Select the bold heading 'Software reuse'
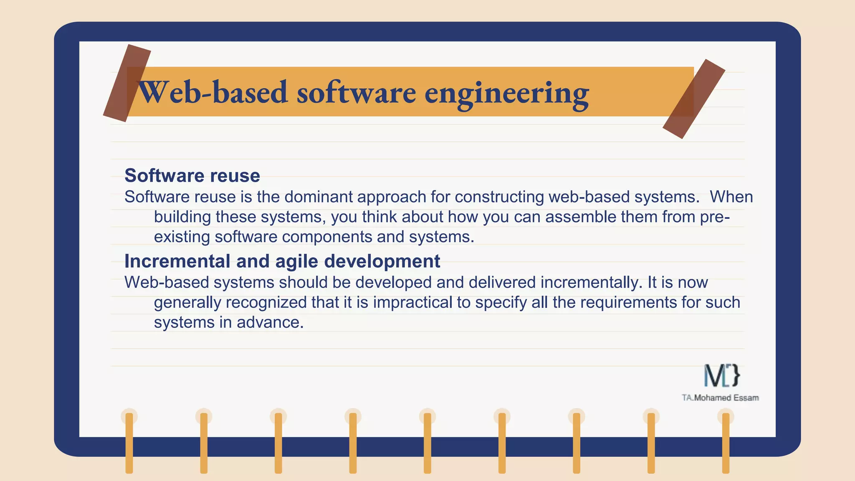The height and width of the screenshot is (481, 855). point(192,175)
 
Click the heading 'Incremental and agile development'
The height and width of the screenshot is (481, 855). point(282,261)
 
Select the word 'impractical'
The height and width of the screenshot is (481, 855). point(412,302)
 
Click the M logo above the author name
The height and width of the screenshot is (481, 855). point(721,375)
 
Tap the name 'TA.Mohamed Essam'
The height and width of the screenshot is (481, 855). point(720,398)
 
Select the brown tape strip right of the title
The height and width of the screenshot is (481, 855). point(694,99)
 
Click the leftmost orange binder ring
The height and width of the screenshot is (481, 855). point(129,443)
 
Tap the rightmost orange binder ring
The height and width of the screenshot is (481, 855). point(726,443)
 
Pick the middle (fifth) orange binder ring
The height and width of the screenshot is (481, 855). point(427,443)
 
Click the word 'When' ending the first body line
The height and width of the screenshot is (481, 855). point(731,197)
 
